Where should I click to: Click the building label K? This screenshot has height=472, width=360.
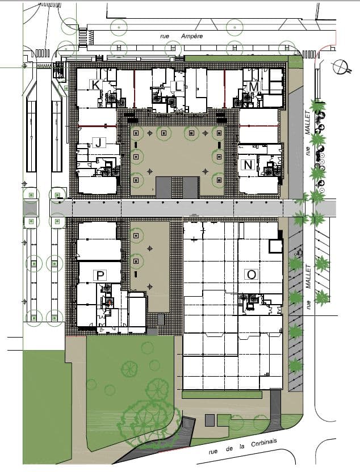pyautogui.click(x=95, y=85)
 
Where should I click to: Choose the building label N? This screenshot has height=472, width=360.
pyautogui.click(x=247, y=165)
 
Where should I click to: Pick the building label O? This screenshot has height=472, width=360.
pyautogui.click(x=251, y=275)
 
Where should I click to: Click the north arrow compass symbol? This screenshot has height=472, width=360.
pyautogui.click(x=340, y=67)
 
